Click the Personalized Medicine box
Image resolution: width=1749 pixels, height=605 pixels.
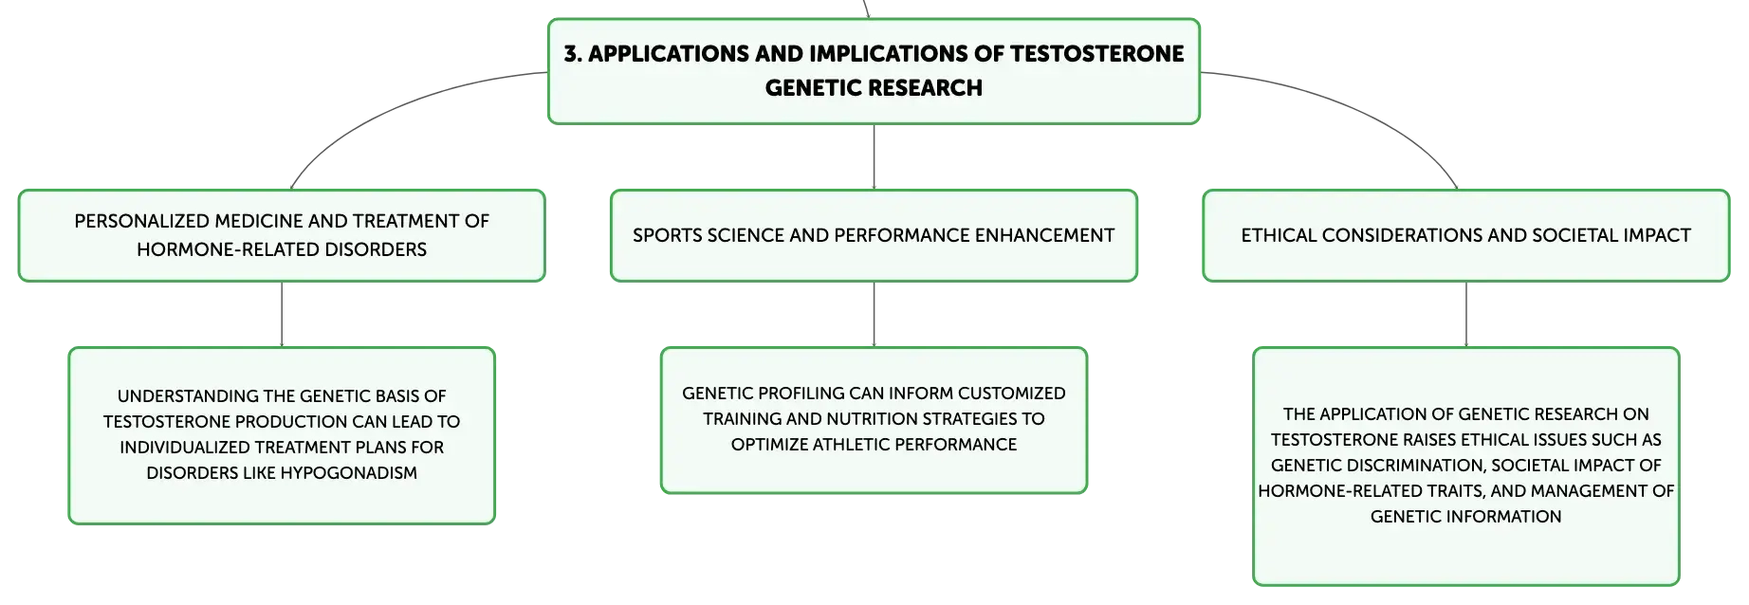[282, 235]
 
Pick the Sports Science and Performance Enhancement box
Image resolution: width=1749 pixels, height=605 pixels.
[874, 235]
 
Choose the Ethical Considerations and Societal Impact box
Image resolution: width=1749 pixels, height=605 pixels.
[1466, 235]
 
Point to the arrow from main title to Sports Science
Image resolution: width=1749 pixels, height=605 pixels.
[874, 156]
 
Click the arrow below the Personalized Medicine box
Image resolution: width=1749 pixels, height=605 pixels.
[282, 315]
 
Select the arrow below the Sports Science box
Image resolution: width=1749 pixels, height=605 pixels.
[874, 315]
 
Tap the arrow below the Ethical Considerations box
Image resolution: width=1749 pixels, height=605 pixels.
[1466, 315]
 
